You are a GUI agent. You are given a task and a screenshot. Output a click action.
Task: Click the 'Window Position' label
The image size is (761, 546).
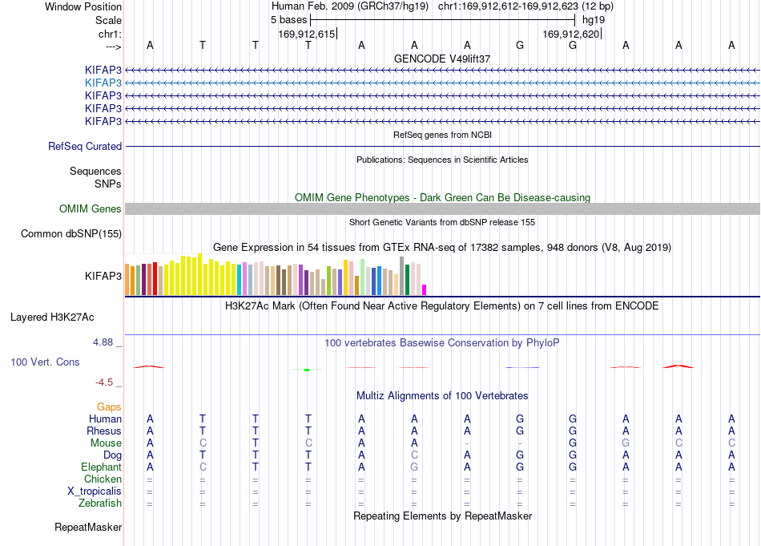(x=83, y=6)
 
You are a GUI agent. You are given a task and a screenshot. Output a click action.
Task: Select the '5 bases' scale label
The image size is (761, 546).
(x=288, y=20)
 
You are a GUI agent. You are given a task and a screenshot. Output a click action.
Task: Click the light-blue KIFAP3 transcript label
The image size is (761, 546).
(x=103, y=83)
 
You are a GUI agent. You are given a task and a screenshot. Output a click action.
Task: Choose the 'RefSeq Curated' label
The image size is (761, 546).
(x=85, y=146)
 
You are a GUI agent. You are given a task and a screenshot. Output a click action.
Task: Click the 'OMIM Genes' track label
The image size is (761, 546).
(x=91, y=209)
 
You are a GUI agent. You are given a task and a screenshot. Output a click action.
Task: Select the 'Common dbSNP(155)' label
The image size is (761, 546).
(x=71, y=233)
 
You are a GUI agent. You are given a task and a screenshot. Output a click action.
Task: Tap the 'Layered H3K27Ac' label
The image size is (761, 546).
(x=52, y=317)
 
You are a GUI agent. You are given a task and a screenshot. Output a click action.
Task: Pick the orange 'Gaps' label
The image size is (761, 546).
(x=109, y=406)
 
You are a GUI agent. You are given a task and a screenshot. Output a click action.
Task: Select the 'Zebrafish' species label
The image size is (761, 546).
(x=100, y=504)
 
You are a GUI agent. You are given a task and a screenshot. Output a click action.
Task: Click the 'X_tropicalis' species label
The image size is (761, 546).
(x=95, y=491)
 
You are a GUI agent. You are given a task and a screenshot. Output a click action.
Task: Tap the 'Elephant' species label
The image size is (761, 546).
(x=102, y=467)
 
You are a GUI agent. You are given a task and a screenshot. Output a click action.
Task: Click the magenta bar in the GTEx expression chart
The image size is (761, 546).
(x=425, y=290)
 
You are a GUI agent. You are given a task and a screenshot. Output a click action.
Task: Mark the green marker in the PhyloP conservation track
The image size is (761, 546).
(x=307, y=370)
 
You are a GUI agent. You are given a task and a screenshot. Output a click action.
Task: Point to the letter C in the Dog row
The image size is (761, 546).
(x=414, y=455)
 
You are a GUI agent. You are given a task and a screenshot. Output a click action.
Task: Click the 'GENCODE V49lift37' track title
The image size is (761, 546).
(x=442, y=59)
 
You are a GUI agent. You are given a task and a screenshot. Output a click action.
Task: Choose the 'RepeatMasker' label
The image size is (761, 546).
(x=88, y=527)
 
